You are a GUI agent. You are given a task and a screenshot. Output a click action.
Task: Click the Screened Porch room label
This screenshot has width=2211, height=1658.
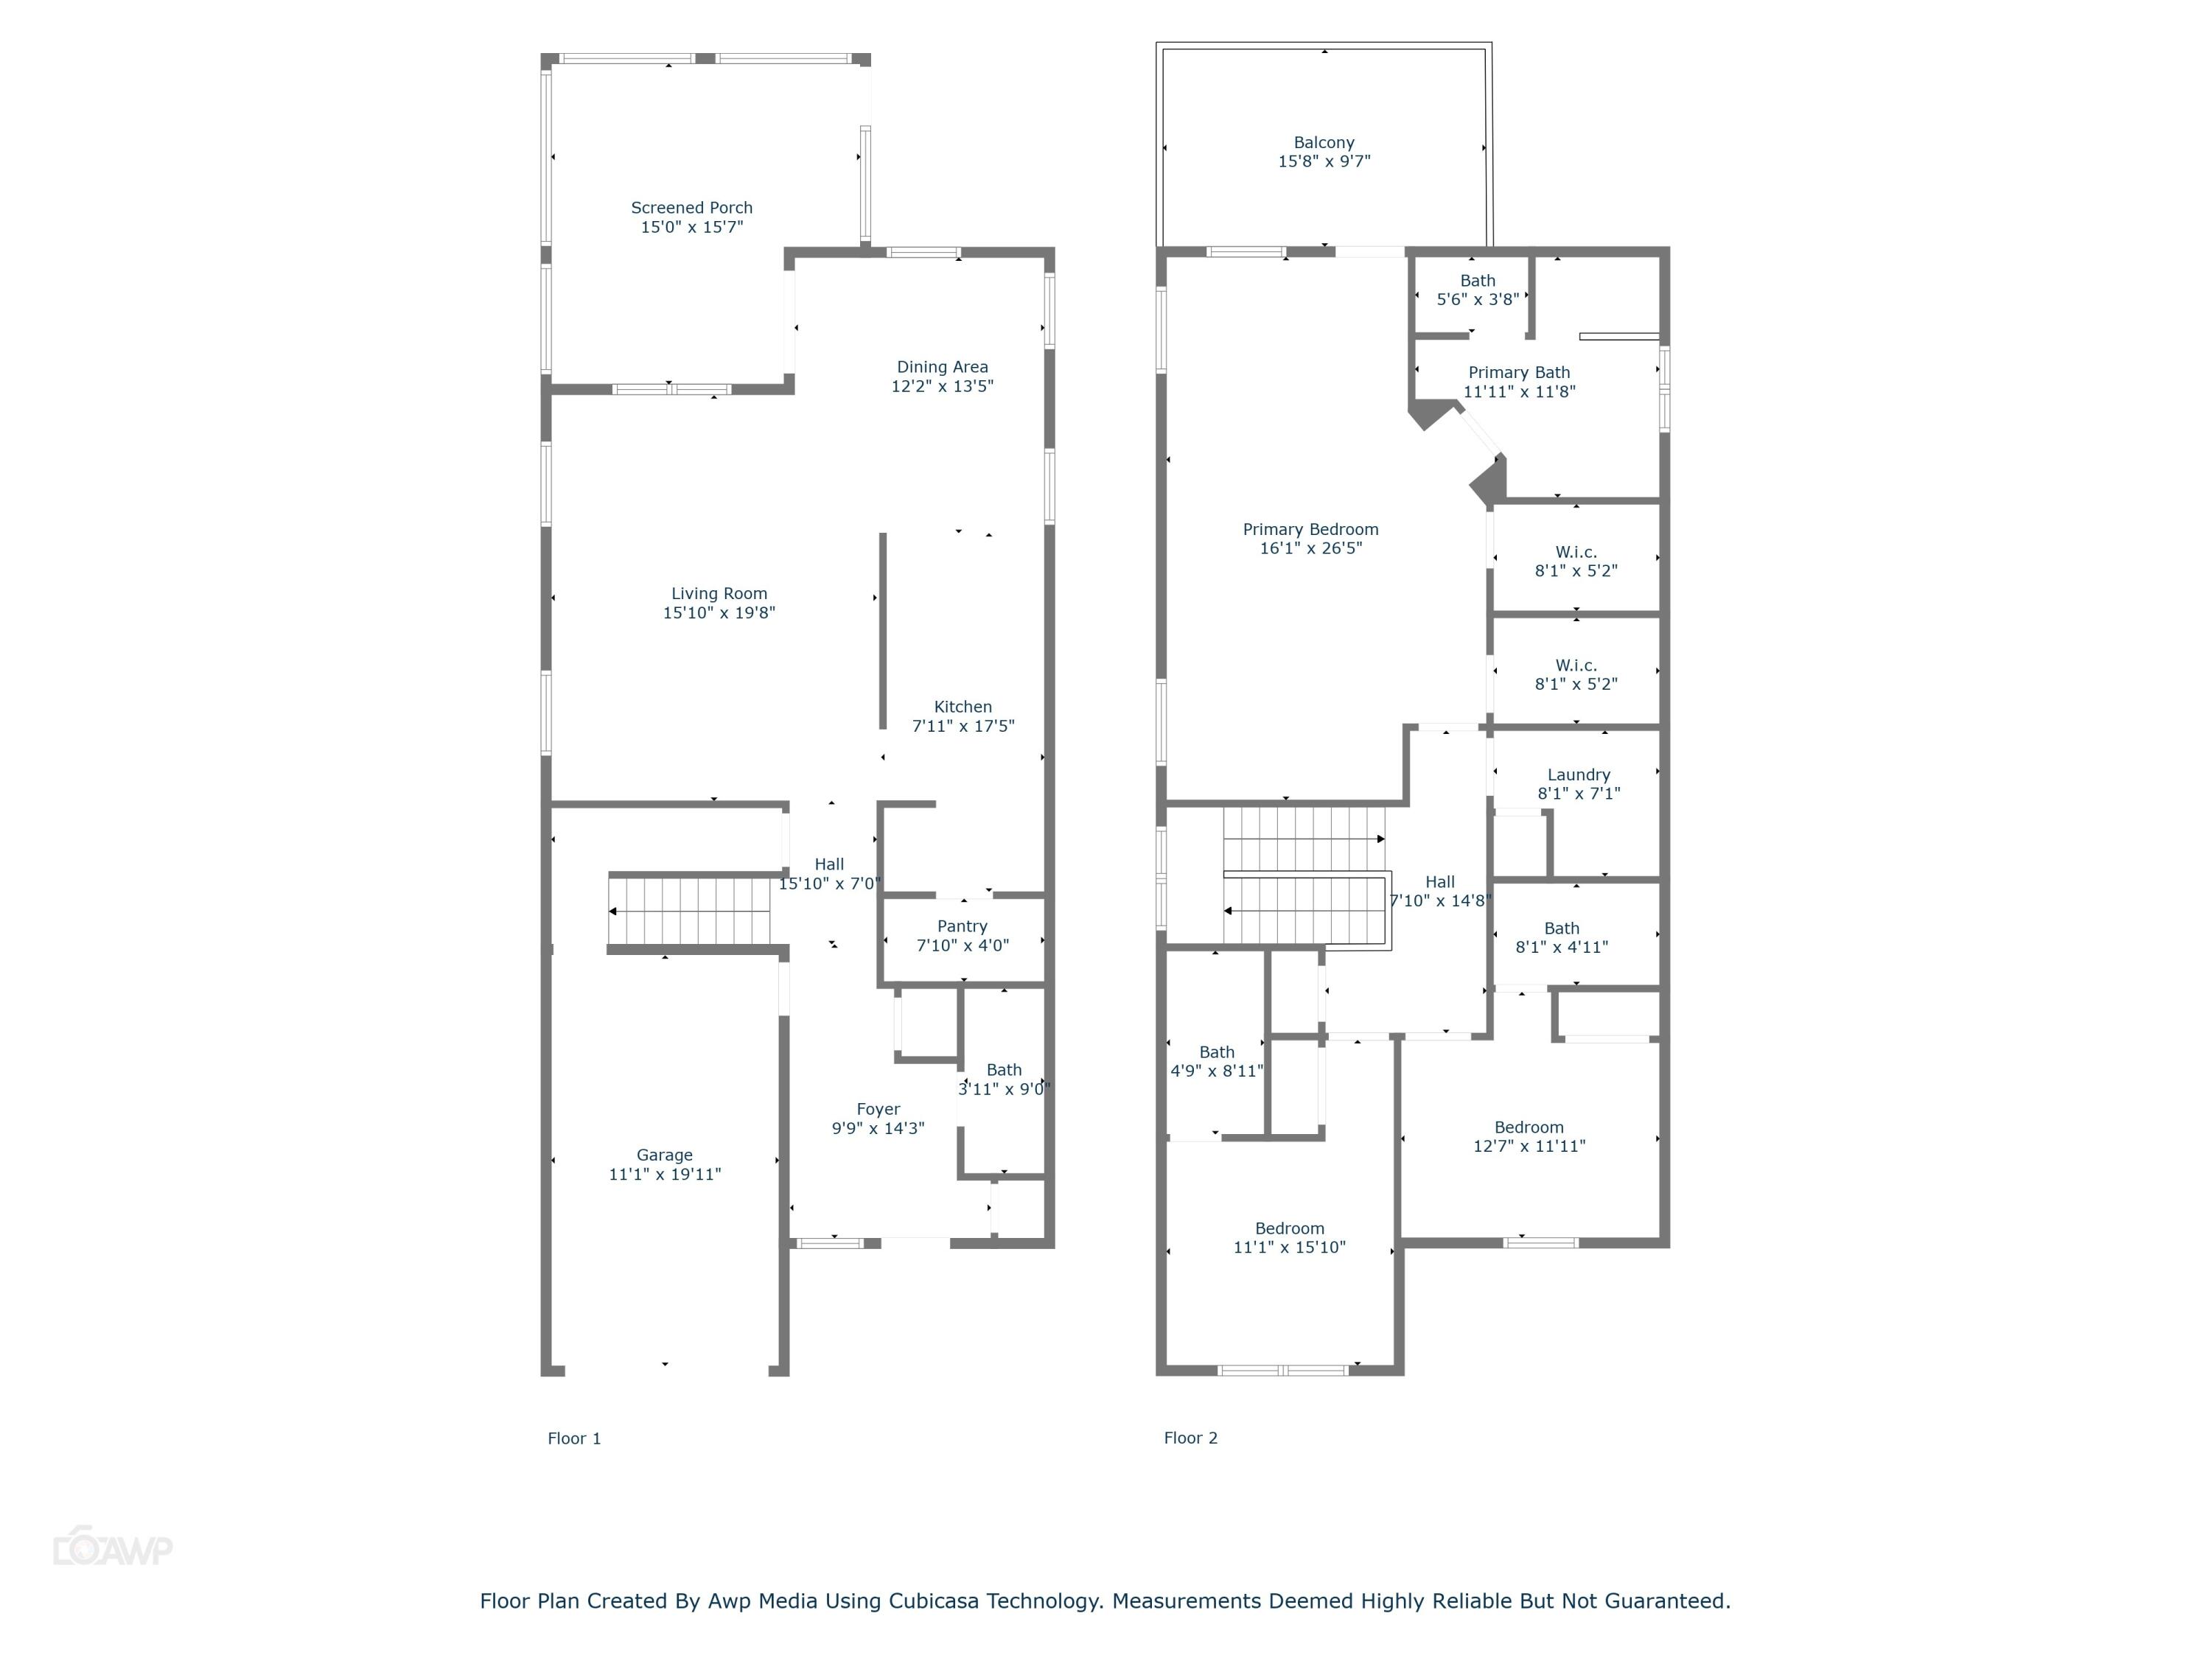click(x=692, y=208)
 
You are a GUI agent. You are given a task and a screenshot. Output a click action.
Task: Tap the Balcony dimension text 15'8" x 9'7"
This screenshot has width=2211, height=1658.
click(x=1324, y=161)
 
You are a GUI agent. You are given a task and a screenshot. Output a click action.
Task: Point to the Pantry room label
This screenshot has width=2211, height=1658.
click(x=962, y=926)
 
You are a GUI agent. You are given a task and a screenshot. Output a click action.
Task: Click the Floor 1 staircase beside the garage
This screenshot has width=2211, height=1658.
click(x=690, y=911)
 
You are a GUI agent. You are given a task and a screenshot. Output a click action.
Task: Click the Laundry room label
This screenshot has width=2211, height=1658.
click(x=1579, y=774)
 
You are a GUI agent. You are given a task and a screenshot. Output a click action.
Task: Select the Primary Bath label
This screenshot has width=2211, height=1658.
click(x=1518, y=373)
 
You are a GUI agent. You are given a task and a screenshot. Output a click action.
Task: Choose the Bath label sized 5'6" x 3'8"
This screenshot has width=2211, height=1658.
click(x=1478, y=281)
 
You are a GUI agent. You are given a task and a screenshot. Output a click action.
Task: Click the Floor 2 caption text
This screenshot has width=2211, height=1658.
click(x=1190, y=1438)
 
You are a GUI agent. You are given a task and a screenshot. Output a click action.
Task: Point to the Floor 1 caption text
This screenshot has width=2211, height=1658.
click(x=573, y=1438)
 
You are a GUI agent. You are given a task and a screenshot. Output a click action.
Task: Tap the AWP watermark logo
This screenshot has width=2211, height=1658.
click(x=112, y=1549)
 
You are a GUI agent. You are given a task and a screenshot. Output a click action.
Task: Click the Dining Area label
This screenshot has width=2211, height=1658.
click(x=942, y=367)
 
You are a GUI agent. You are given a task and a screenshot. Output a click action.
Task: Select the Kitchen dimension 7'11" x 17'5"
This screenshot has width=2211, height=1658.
click(x=963, y=726)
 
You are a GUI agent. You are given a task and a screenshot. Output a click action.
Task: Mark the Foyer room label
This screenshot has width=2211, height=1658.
click(x=878, y=1109)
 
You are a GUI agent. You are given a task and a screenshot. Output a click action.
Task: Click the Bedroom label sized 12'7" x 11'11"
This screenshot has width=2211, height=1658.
click(x=1529, y=1127)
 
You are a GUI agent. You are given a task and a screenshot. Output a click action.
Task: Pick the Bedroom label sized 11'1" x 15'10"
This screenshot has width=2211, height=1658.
click(x=1290, y=1228)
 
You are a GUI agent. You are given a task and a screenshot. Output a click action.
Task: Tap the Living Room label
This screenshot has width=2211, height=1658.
click(x=719, y=594)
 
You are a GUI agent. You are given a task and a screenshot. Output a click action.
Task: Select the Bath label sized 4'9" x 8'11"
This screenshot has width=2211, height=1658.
click(x=1217, y=1052)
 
